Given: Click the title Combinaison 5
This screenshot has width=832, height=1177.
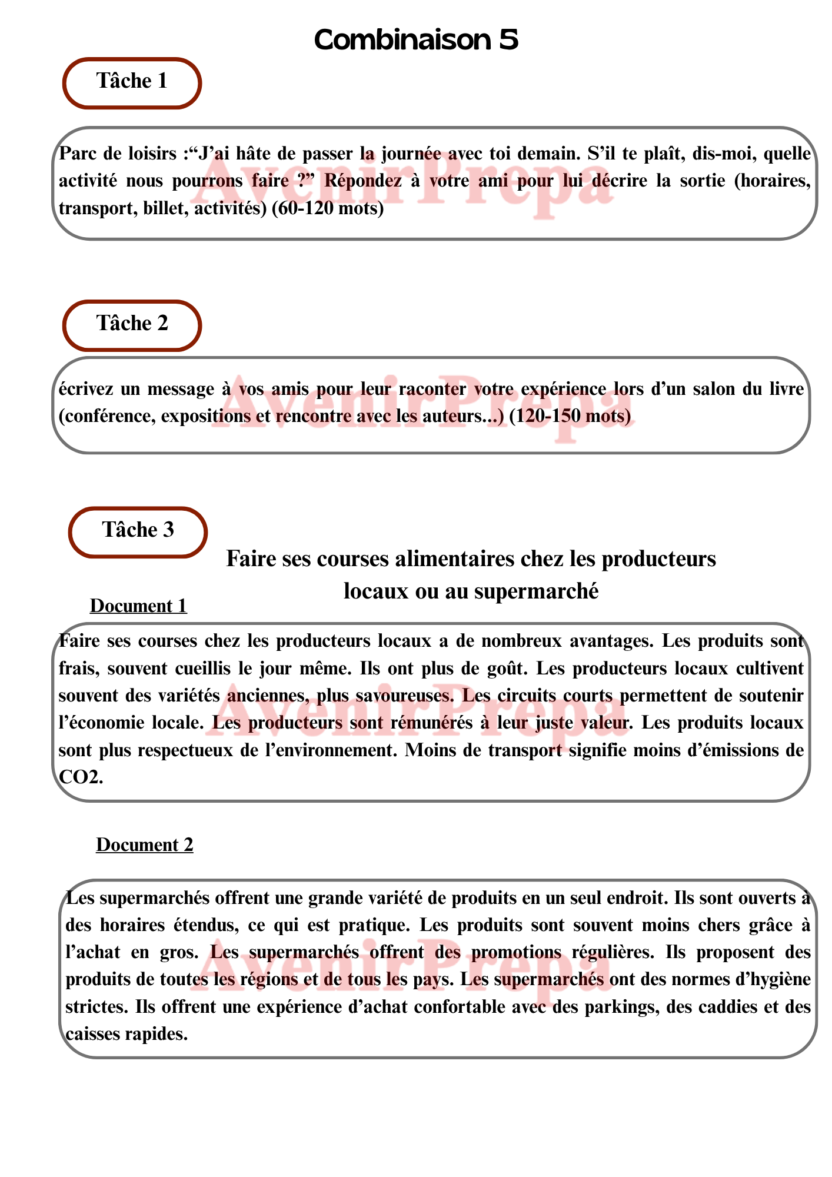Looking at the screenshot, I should point(416,40).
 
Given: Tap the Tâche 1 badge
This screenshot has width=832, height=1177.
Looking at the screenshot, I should point(132,82).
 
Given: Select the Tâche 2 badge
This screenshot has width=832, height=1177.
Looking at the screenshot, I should point(132,324).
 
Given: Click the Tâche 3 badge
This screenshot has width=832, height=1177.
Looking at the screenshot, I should point(138,531).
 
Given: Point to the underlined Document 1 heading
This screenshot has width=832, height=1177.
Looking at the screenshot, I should point(138,606).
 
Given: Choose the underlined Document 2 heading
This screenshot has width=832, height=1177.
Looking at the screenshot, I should point(145,845).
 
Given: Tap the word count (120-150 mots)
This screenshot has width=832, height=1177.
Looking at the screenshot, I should point(570,416).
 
